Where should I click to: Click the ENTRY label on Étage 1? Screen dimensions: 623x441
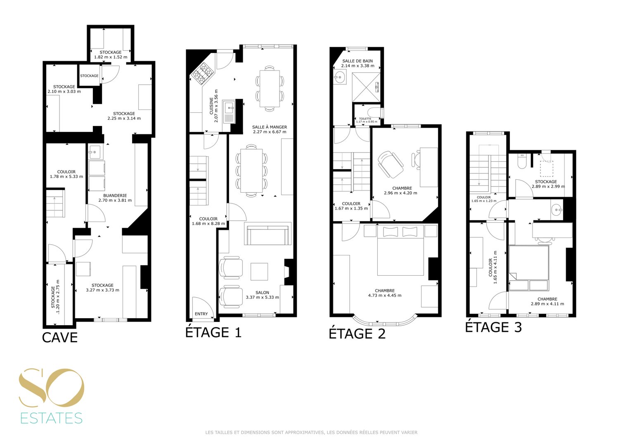click(201, 314)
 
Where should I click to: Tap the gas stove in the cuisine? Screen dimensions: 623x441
click(202, 74)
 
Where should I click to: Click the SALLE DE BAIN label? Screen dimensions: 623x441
click(358, 61)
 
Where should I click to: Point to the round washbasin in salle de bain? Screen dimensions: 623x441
click(340, 77)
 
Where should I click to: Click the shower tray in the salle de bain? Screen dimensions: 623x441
click(366, 87)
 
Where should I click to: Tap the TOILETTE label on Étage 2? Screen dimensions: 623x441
click(365, 119)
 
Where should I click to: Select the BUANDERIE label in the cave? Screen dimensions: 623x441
click(115, 195)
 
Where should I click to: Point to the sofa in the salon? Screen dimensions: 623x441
click(268, 234)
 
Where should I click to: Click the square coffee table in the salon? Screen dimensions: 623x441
click(259, 272)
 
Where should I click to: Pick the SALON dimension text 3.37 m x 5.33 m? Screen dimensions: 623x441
click(262, 297)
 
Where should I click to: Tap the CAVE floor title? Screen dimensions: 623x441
click(60, 337)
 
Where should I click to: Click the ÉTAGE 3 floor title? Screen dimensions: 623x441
click(493, 327)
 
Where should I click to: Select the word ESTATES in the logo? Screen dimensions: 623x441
click(52, 418)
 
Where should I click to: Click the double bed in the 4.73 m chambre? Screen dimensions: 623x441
click(400, 250)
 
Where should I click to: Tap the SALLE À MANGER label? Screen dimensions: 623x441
click(270, 127)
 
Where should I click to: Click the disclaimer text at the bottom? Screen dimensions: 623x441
click(311, 432)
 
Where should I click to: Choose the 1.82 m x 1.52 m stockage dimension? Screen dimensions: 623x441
click(110, 57)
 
